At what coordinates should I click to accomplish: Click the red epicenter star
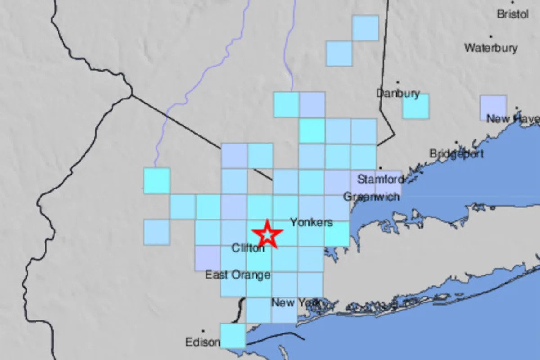point(267,234)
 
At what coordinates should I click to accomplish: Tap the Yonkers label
point(311,222)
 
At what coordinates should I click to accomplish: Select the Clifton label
point(248,247)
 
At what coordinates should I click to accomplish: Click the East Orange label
point(238,274)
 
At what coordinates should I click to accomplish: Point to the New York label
point(296,302)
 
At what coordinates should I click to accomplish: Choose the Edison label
point(202,342)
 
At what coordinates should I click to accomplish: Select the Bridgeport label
point(456,154)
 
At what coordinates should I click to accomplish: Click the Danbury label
point(398,94)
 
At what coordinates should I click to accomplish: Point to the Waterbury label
point(491,48)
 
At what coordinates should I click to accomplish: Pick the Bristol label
point(513,14)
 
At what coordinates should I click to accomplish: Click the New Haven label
point(513,119)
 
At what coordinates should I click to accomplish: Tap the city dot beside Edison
point(203,331)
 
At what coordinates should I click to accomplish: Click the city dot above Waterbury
point(490,36)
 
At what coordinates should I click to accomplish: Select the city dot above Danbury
point(398,82)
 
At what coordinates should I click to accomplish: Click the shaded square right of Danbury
point(416,106)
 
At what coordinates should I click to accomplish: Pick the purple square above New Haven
point(493,107)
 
